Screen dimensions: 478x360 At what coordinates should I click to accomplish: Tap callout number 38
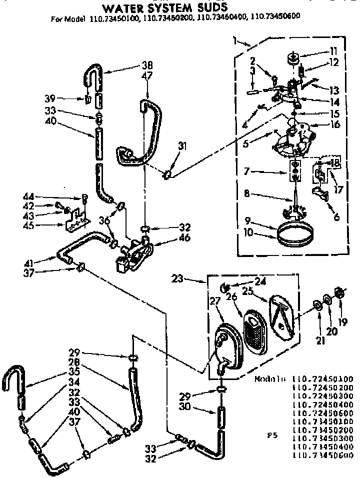pyautogui.click(x=133, y=65)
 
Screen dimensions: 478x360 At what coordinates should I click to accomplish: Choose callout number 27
pyautogui.click(x=214, y=303)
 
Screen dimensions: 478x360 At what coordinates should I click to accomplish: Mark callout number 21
pyautogui.click(x=320, y=341)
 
